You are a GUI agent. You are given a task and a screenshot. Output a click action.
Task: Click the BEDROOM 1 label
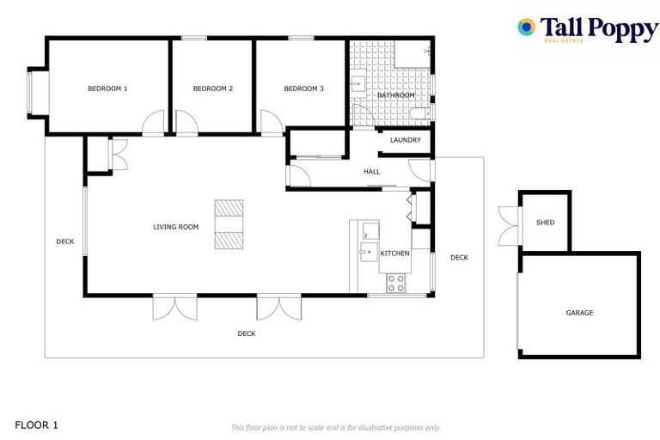[x=107, y=89]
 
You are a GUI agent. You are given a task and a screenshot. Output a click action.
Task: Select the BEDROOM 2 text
[x=213, y=89]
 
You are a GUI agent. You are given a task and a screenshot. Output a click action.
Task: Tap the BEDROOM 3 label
[x=303, y=89]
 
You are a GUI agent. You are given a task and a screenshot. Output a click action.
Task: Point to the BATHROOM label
[x=395, y=95]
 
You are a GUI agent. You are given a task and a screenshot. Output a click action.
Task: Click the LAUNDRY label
[x=405, y=140]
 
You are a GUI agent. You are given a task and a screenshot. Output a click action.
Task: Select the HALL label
[x=371, y=171]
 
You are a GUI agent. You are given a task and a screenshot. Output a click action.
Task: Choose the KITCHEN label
[x=394, y=254]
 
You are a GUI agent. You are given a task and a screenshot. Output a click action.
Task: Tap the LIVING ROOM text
[x=175, y=227]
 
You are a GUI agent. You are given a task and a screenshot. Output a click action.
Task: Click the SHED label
[x=545, y=223]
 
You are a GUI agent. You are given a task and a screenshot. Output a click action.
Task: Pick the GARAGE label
[x=579, y=313]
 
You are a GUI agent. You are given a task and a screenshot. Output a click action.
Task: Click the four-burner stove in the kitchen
[x=396, y=283]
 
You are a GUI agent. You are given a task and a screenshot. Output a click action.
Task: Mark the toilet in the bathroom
[x=420, y=113]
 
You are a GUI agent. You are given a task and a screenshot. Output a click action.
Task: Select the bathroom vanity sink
[x=358, y=85]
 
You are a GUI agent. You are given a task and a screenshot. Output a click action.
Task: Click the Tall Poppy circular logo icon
[x=526, y=27]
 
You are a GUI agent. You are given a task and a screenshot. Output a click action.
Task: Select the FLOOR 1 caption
[x=37, y=425]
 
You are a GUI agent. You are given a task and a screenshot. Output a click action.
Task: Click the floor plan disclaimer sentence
[x=335, y=427]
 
